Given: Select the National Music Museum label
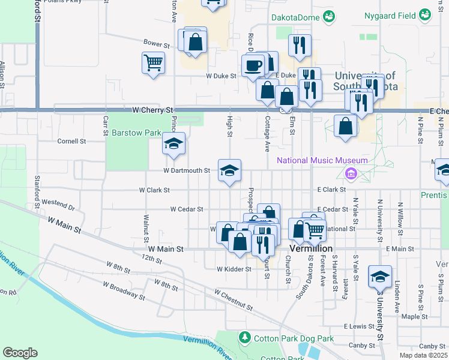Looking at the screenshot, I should click(x=322, y=160).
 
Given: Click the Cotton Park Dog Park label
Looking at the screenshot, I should click(x=294, y=338).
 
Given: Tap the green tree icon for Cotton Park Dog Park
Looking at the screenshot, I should click(x=244, y=338).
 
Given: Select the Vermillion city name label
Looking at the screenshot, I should click(x=310, y=248).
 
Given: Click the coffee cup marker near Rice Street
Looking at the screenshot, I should click(x=253, y=65).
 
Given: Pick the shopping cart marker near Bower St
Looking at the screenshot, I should click(x=154, y=62).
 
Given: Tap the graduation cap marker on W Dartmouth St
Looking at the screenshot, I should click(x=229, y=170).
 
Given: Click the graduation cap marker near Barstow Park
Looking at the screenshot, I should click(x=173, y=144).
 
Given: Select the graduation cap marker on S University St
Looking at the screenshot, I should click(x=380, y=277).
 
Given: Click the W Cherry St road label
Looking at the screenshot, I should click(x=152, y=110).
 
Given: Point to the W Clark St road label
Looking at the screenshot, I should click(x=154, y=190).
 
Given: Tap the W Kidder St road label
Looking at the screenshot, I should click(x=234, y=269).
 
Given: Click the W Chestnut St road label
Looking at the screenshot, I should click(x=233, y=299).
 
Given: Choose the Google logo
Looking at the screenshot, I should click(x=20, y=353).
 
